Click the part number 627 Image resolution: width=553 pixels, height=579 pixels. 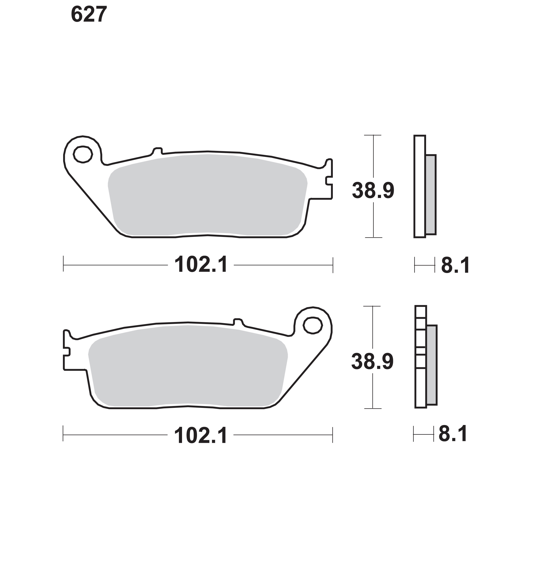click(89, 14)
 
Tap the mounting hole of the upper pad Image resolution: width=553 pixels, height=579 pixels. click(83, 154)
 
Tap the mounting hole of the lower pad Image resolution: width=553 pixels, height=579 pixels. click(313, 325)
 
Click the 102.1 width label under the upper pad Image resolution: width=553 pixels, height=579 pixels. click(201, 265)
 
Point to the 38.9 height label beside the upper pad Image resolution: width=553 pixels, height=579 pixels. click(373, 191)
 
